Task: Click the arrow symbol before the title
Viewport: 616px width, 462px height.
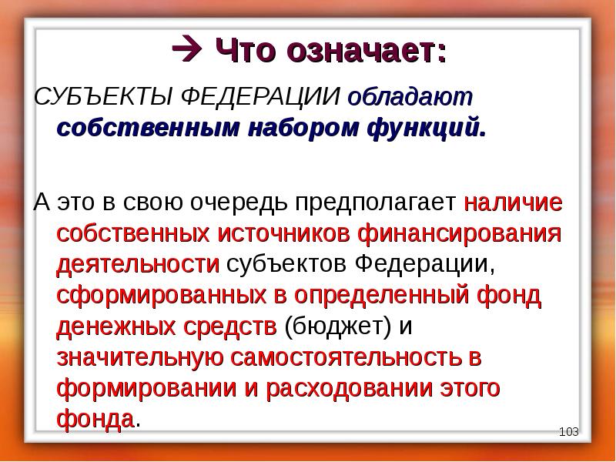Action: click(x=185, y=51)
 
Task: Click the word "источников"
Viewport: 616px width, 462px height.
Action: click(x=287, y=234)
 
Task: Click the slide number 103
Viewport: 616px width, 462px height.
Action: click(x=568, y=432)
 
